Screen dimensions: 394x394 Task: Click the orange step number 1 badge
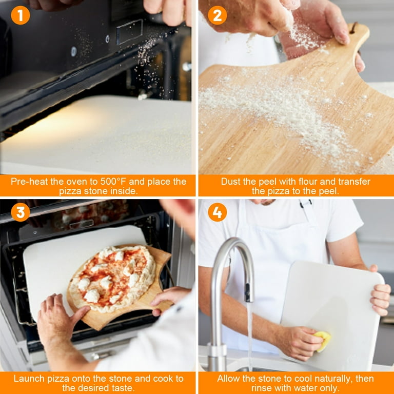pyautogui.click(x=21, y=15)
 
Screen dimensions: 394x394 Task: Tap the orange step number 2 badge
pyautogui.click(x=217, y=15)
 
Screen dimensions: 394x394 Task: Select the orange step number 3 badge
pyautogui.click(x=21, y=212)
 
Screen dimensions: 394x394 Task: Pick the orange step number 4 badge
pyautogui.click(x=217, y=212)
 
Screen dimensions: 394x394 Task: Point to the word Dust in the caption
pyautogui.click(x=230, y=182)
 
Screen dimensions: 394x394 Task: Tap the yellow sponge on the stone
pyautogui.click(x=323, y=341)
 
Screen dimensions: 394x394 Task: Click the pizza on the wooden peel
pyautogui.click(x=113, y=277)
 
